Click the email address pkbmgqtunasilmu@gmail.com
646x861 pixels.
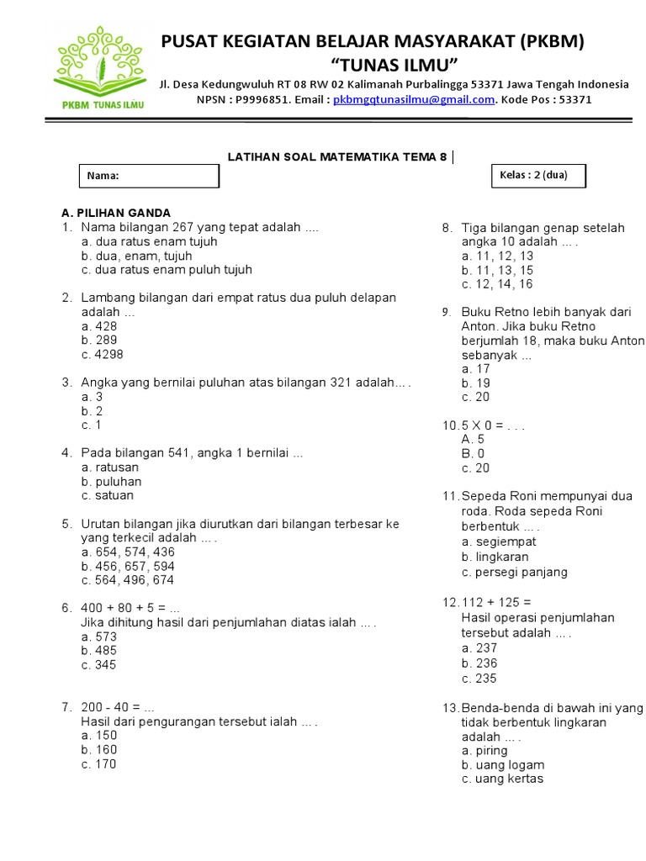413,99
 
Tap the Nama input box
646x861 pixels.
150,176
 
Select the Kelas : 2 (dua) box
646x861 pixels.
538,176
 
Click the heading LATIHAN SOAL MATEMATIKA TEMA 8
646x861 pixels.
338,156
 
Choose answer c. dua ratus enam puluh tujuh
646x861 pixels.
167,270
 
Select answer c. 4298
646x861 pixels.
102,355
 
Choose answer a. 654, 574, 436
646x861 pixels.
128,552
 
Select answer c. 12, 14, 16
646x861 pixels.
497,284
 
